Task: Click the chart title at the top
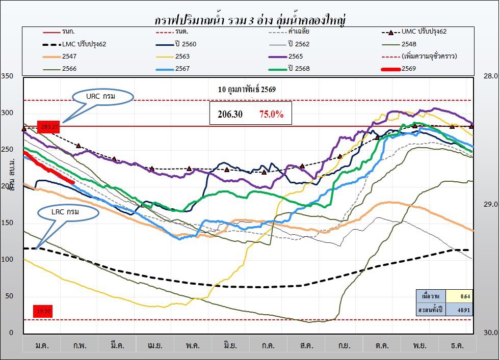253,20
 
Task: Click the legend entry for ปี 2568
298,68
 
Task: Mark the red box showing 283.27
49,126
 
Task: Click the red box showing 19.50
43,311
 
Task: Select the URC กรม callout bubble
103,96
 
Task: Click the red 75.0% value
271,115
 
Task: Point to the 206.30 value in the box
230,115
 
